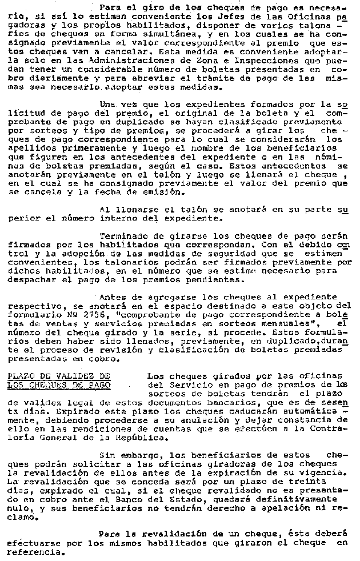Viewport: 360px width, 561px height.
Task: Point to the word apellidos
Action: point(30,147)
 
